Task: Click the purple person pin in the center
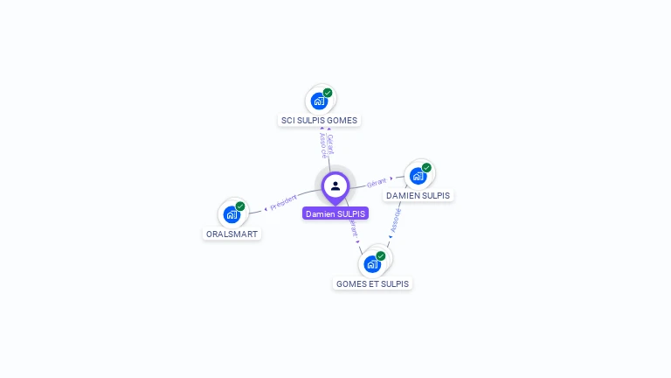click(x=335, y=185)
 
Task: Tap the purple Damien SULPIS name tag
click(x=335, y=213)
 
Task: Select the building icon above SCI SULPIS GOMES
click(x=319, y=101)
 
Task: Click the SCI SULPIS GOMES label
click(x=319, y=121)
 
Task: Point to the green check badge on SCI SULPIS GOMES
click(x=328, y=93)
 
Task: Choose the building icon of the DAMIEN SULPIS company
click(x=418, y=176)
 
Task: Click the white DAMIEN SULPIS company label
click(x=419, y=196)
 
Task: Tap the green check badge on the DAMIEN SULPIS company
click(x=426, y=168)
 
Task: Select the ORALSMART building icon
click(x=232, y=214)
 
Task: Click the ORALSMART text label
click(x=232, y=234)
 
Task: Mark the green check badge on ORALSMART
click(x=240, y=206)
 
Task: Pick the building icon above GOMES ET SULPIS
click(x=372, y=263)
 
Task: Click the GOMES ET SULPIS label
click(x=372, y=283)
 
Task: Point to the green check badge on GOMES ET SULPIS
click(x=381, y=255)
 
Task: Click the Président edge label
click(x=284, y=203)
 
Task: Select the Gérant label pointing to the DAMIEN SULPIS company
click(x=377, y=183)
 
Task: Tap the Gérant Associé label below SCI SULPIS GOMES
click(x=326, y=144)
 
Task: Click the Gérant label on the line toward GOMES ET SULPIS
click(x=353, y=227)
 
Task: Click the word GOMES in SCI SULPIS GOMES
click(x=342, y=121)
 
